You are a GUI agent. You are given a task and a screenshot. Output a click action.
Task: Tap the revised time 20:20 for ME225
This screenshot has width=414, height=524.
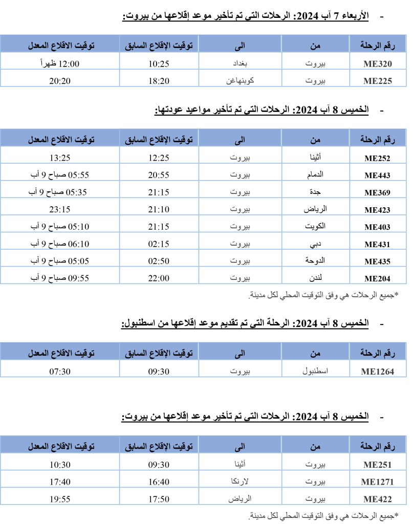pos(60,81)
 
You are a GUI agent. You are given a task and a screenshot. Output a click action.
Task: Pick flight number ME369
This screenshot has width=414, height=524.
pos(377,193)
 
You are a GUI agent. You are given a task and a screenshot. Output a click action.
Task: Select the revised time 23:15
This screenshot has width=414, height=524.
pos(60,210)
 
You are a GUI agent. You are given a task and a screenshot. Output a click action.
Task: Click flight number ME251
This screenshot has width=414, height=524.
pos(377,465)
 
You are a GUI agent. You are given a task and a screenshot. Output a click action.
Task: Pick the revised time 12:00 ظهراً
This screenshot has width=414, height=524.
pos(60,64)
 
